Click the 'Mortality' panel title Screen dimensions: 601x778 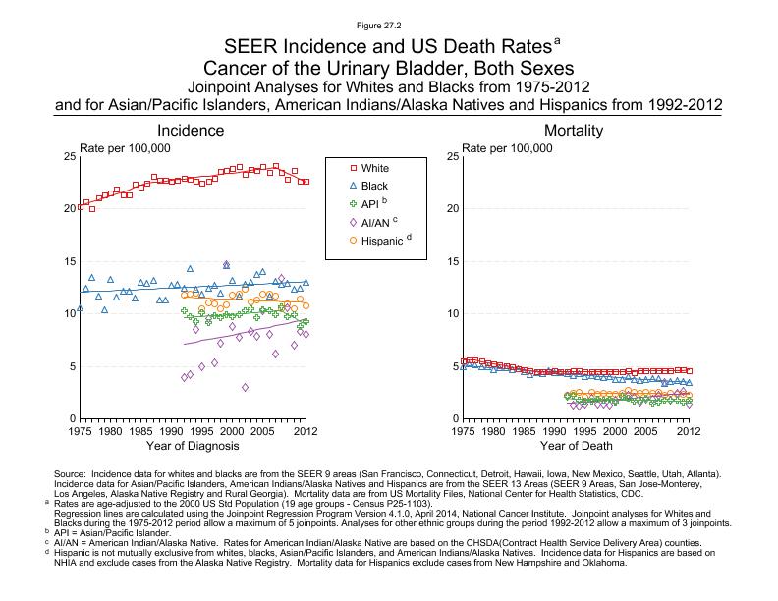(x=574, y=131)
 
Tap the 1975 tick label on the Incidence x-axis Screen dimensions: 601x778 (x=80, y=431)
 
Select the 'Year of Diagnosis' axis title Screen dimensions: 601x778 (x=193, y=447)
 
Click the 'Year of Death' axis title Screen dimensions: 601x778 (x=575, y=447)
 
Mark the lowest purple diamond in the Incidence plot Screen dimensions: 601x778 (x=245, y=387)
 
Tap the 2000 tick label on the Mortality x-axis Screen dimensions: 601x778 (x=615, y=431)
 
